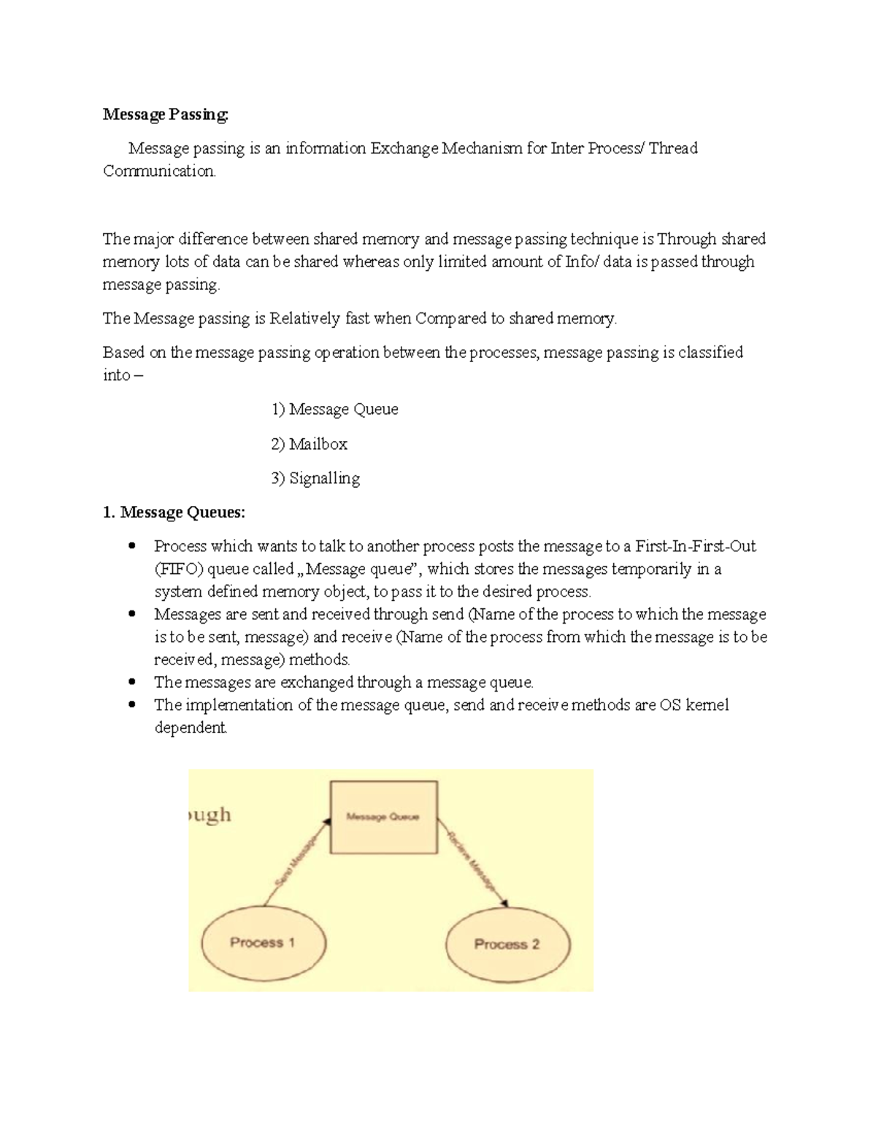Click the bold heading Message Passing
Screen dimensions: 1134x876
point(165,115)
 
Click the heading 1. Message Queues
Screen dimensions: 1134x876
point(174,513)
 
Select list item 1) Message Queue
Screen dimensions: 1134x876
point(334,410)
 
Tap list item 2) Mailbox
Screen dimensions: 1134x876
point(309,444)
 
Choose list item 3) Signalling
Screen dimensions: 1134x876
point(315,479)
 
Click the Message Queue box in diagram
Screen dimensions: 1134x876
point(384,817)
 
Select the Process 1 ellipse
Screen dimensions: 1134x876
point(262,943)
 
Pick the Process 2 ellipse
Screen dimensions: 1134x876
point(507,944)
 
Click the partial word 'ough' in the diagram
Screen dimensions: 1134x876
point(210,815)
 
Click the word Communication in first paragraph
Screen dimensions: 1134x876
point(159,172)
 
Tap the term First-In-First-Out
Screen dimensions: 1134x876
point(695,546)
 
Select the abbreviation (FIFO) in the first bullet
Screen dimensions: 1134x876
point(179,570)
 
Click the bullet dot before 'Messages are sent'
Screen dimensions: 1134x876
point(132,615)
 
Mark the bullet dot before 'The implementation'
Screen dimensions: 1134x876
point(132,705)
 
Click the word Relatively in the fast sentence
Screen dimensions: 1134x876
point(304,319)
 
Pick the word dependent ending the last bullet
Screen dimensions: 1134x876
point(191,729)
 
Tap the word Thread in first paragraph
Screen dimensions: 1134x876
point(673,149)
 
